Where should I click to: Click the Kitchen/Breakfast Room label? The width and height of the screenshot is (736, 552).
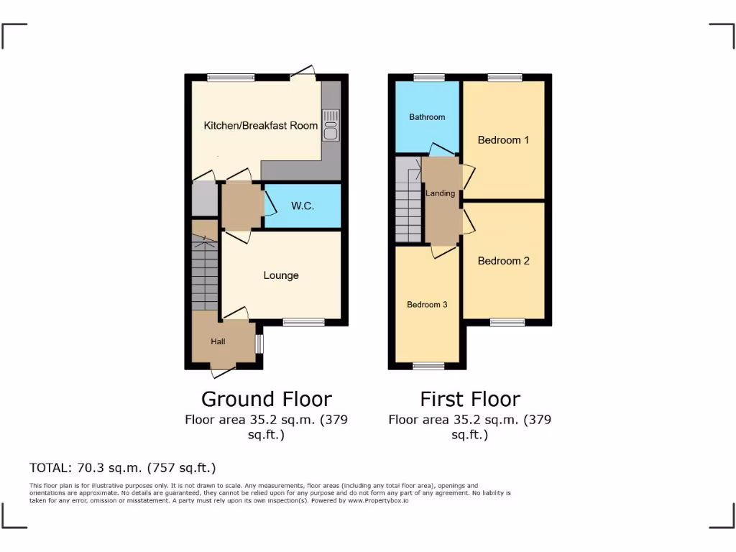(260, 125)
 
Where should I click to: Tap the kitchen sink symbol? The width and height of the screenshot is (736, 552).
(331, 124)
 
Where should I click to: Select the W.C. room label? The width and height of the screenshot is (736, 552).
(303, 206)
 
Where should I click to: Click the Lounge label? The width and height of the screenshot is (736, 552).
(281, 275)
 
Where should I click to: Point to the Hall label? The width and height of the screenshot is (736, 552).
(218, 341)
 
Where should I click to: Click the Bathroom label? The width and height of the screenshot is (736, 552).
(427, 116)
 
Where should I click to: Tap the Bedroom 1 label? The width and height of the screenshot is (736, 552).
(503, 139)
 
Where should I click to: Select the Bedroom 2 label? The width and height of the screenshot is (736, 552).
(503, 261)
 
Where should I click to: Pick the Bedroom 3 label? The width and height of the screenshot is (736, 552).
(427, 305)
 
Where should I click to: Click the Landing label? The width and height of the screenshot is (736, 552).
(440, 193)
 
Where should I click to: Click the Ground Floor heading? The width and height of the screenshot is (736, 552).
(266, 399)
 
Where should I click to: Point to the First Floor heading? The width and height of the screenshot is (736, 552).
(469, 399)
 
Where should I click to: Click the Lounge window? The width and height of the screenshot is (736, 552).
(303, 322)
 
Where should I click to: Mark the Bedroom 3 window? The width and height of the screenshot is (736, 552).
(428, 366)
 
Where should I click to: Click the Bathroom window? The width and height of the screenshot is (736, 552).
(428, 78)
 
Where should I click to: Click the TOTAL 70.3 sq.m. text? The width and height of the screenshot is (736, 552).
(122, 468)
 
